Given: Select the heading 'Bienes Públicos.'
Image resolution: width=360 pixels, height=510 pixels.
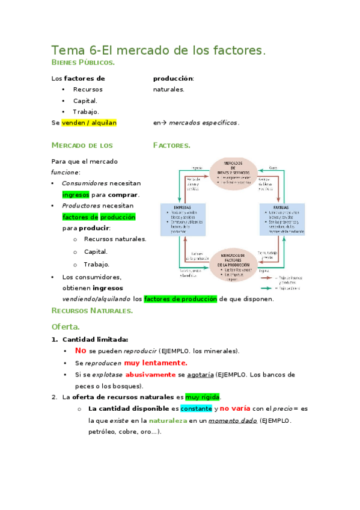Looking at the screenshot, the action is pos(83,63).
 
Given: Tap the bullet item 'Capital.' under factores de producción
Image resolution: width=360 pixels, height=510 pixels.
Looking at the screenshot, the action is pos(85,100).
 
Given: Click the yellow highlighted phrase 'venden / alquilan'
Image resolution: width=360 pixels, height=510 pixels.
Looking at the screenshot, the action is pos(89,123).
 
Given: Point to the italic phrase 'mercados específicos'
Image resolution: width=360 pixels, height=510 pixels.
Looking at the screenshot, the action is pos(204,123).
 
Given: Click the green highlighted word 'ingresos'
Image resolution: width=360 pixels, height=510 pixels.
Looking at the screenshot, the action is pos(76,195).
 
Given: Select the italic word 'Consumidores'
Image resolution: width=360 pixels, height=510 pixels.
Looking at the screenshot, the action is pos(85,183).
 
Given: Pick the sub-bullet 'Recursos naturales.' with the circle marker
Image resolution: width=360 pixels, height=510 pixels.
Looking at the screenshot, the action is pos(115,239).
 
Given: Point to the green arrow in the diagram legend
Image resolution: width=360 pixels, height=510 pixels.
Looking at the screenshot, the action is pos(268,288).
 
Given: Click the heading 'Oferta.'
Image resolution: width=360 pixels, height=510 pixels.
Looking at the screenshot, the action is pos(66,327).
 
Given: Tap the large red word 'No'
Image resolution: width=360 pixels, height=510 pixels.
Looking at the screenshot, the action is pos(81,351).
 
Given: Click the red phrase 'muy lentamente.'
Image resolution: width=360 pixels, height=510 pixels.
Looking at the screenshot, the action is pos(156,363).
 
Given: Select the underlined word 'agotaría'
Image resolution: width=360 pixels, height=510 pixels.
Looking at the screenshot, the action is pos(200,374).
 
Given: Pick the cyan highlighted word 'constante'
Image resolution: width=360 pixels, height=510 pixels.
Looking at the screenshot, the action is pos(197,409).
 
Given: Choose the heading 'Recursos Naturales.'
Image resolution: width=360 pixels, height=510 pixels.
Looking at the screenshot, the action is pos(92,311).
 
